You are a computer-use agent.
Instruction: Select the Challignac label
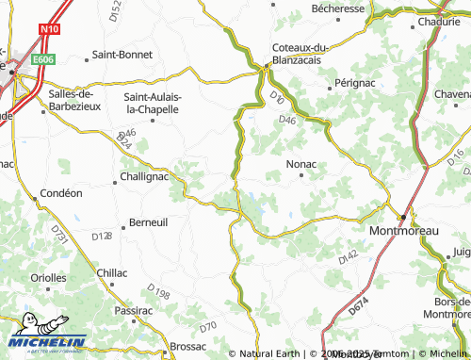click(144, 176)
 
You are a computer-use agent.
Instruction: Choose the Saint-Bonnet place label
click(122, 55)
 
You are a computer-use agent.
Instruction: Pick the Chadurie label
click(438, 21)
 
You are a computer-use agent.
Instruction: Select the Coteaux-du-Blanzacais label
click(299, 54)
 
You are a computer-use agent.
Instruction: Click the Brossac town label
click(188, 346)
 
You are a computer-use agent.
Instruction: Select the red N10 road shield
click(49, 29)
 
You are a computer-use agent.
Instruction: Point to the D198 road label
click(158, 293)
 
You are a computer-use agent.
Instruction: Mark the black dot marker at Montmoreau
click(402, 218)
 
